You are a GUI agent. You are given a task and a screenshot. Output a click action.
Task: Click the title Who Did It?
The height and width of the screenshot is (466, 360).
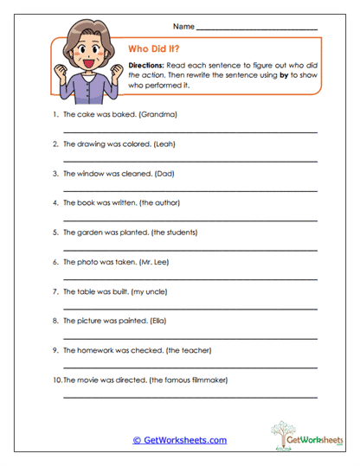pos(154,49)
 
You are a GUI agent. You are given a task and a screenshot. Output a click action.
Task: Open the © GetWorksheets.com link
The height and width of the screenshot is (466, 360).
pos(180,440)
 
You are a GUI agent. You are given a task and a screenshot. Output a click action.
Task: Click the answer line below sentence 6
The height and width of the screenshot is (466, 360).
pos(190,280)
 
